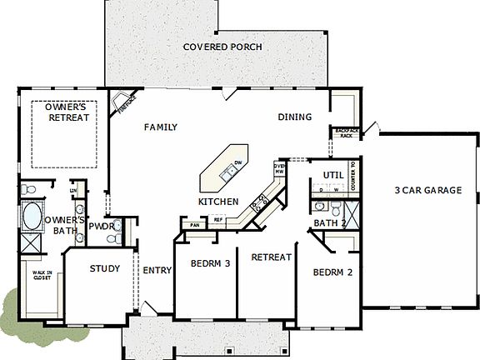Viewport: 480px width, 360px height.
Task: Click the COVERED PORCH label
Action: pos(222,47)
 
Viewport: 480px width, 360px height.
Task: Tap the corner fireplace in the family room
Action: pos(126,105)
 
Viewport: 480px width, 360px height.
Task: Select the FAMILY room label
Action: pos(161,127)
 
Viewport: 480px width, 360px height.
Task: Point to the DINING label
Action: pos(294,117)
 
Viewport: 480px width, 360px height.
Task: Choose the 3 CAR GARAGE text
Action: pos(427,190)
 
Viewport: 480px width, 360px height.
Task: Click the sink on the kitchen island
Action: pos(227,172)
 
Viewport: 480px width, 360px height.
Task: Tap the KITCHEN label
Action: pos(218,202)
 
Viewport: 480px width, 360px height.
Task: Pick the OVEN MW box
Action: pos(280,171)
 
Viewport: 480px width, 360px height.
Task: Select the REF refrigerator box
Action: pos(219,220)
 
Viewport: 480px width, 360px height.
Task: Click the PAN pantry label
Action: pos(196,225)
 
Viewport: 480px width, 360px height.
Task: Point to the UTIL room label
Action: pos(333,174)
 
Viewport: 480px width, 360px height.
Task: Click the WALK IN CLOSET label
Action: pos(42,276)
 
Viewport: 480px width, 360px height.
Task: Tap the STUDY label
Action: pos(105,269)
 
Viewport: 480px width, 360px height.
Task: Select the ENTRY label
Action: pos(157,270)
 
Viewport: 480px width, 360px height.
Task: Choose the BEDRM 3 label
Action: pos(210,263)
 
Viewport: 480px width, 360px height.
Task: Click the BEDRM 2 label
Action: pos(333,272)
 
